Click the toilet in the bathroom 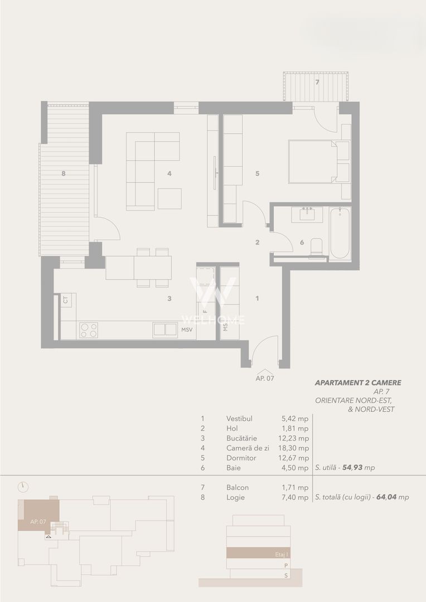(316, 247)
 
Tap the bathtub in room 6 (339, 233)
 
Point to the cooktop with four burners (88, 330)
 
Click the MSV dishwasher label (187, 330)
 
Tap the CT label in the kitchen (66, 300)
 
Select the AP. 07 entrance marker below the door (265, 377)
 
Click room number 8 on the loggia (64, 173)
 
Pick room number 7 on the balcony (317, 82)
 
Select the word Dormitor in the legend (241, 458)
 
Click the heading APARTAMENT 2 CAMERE (358, 383)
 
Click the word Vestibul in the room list (240, 418)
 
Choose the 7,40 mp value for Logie (296, 497)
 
